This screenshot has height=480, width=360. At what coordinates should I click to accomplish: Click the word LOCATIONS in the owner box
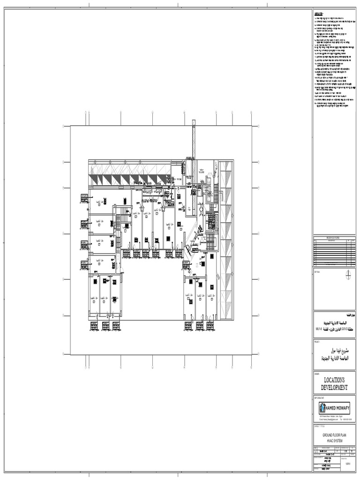pos(334,380)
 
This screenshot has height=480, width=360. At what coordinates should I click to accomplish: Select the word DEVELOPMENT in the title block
pos(334,388)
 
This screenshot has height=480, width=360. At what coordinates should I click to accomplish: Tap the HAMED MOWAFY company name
pos(338,407)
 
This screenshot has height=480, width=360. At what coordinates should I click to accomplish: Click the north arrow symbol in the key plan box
pos(348,275)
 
